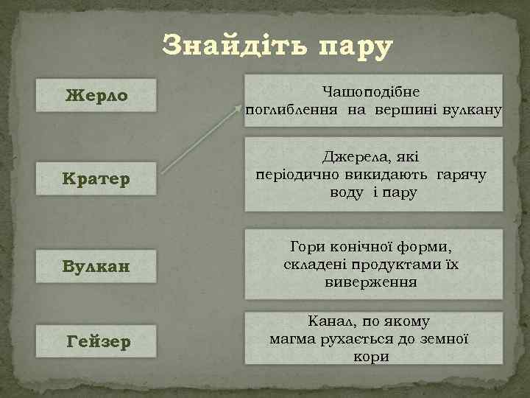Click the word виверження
371,282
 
